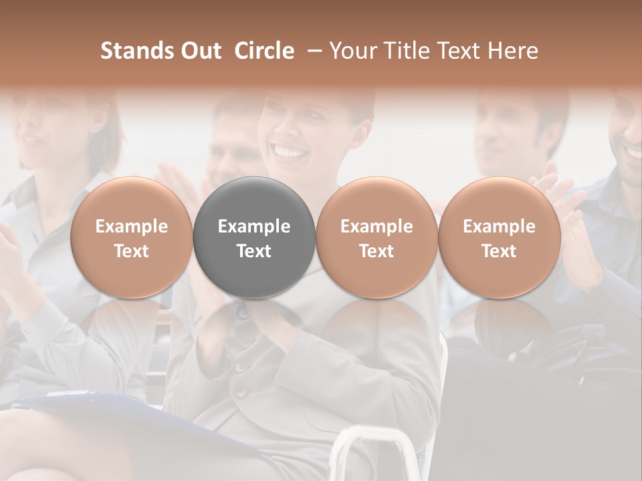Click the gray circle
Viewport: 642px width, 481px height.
[x=254, y=238]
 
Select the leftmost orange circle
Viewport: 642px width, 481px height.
[x=132, y=238]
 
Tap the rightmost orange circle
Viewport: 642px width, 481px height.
[x=500, y=238]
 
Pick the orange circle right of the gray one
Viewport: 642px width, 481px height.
[x=377, y=238]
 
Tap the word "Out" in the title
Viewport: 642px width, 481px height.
[x=201, y=51]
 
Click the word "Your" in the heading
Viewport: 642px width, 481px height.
[x=352, y=51]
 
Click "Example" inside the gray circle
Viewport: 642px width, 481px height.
[x=254, y=226]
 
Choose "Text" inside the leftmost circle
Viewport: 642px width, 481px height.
[x=132, y=251]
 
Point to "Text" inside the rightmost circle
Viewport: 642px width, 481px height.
[x=500, y=251]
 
